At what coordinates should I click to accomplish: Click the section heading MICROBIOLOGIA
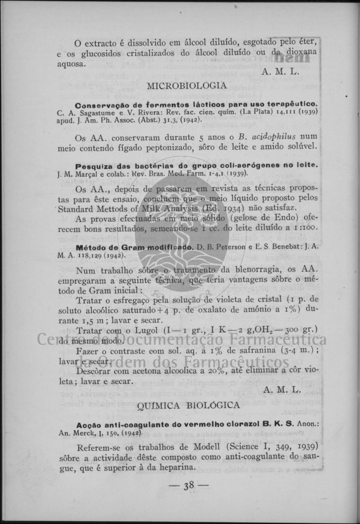(187, 86)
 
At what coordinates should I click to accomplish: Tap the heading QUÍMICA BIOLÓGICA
(188, 405)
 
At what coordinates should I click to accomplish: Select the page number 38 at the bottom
(189, 485)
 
